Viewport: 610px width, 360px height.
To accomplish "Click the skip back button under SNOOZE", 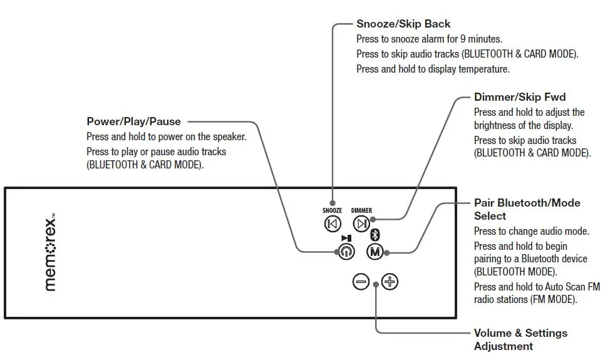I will (332, 224).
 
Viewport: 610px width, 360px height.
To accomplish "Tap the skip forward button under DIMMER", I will (361, 224).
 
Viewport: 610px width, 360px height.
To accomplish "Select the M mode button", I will (375, 252).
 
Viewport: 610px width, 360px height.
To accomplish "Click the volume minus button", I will (361, 282).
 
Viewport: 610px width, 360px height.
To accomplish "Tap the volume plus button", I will (390, 282).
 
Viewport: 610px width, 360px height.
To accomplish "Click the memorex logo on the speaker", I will (51, 252).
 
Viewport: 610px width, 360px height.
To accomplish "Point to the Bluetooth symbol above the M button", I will (375, 235).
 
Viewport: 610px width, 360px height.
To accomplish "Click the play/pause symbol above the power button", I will (346, 238).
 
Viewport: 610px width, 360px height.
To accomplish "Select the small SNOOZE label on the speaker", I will (332, 211).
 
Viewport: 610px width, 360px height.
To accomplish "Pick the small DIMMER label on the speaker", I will (361, 211).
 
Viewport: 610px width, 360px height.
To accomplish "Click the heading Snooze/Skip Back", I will (403, 24).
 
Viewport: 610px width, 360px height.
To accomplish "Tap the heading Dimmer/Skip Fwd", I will (520, 97).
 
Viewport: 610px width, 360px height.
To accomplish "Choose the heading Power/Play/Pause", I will (133, 121).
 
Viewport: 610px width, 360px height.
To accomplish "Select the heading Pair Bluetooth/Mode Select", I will (527, 209).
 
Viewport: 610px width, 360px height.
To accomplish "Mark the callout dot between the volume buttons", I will (375, 284).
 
